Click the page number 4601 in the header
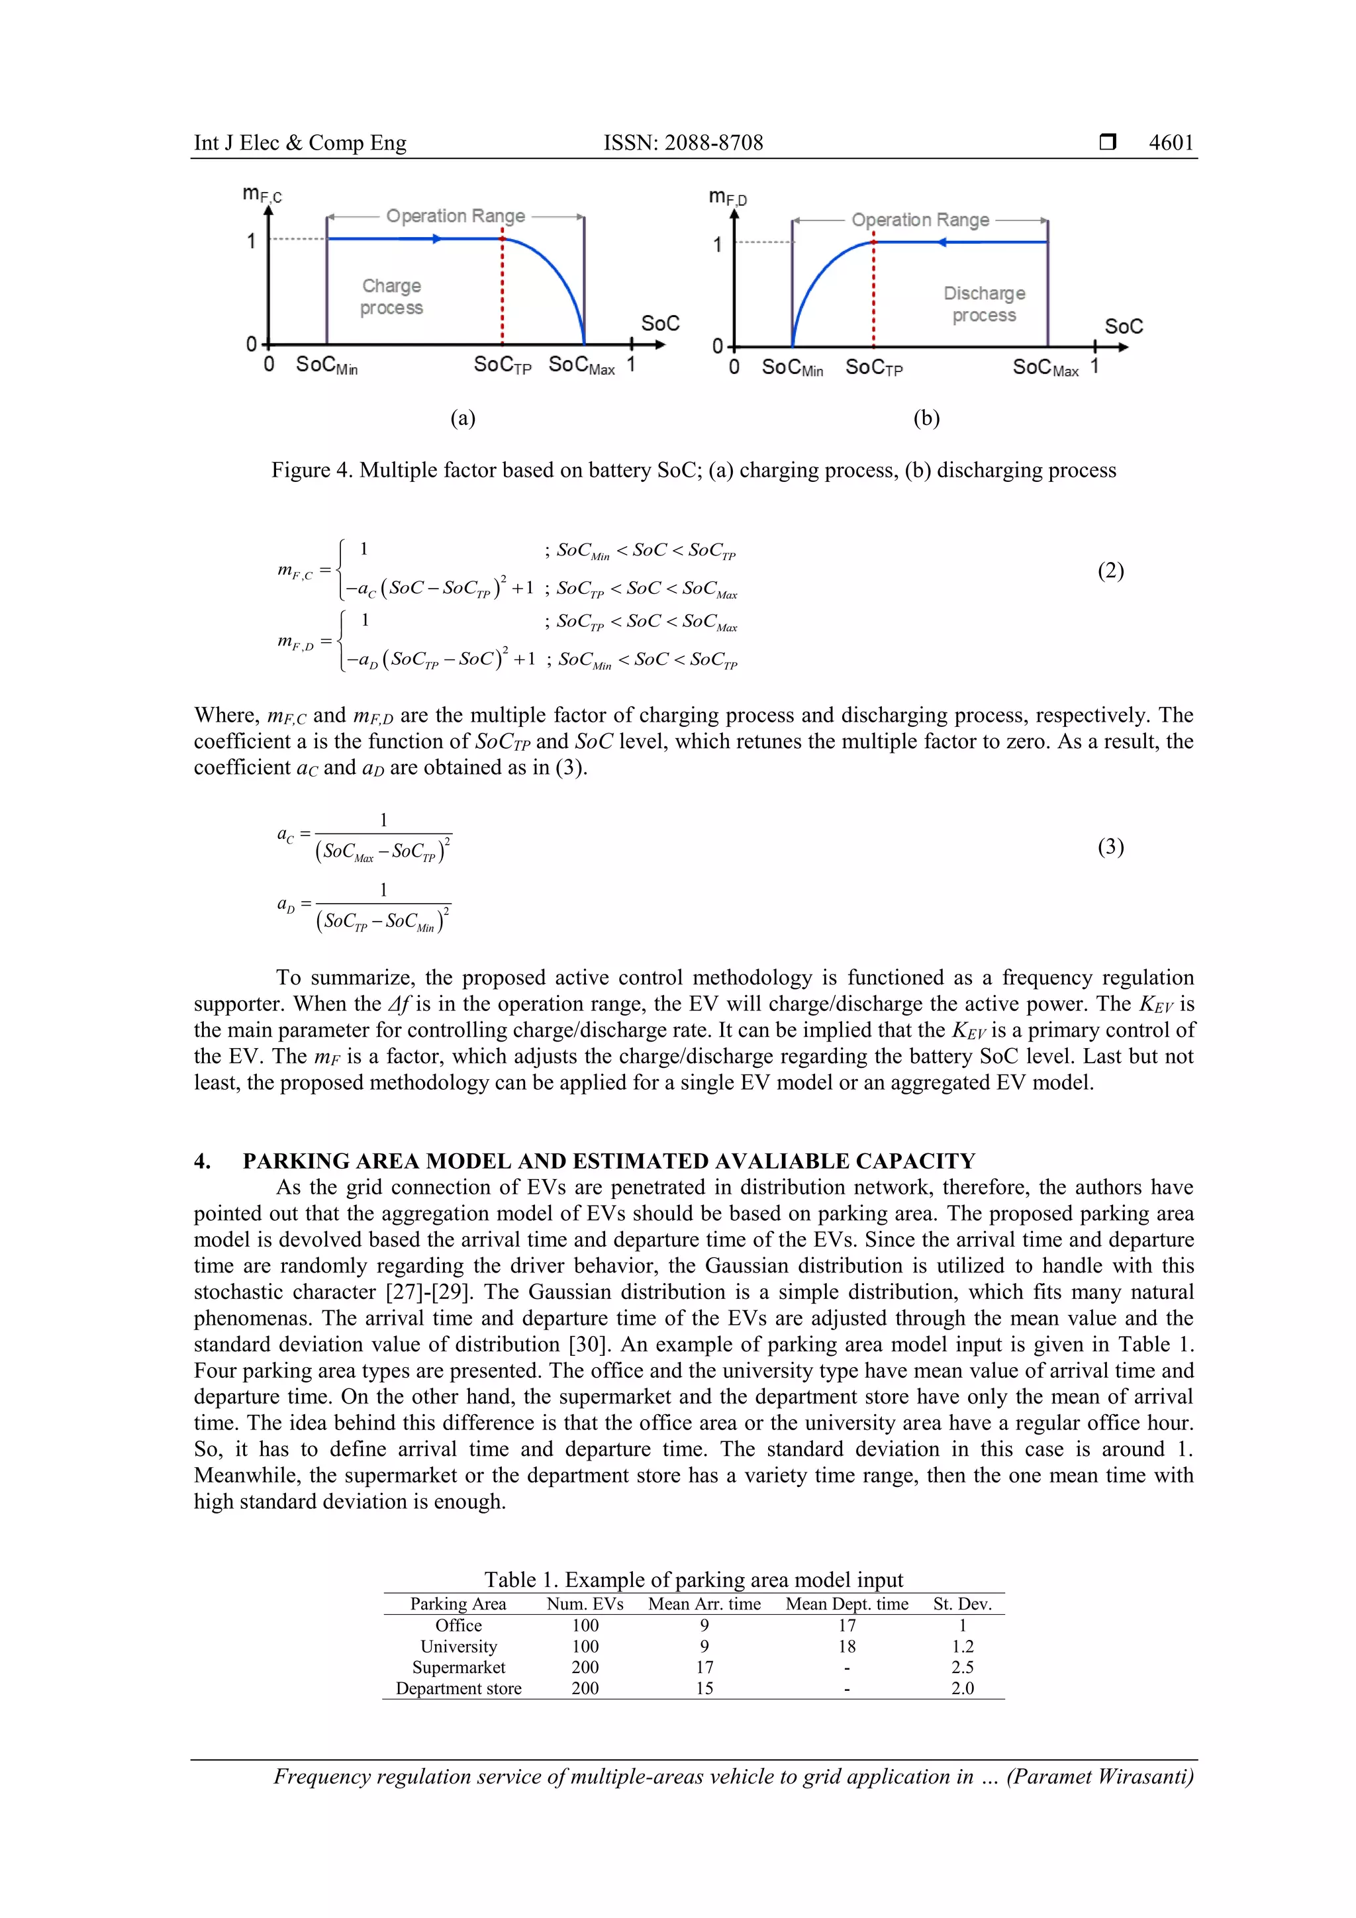(1171, 143)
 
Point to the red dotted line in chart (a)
(502, 293)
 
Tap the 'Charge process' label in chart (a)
(391, 297)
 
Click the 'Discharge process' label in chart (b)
(984, 304)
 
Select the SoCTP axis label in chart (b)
(873, 367)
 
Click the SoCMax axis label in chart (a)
(581, 365)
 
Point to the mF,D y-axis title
(728, 197)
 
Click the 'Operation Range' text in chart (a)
(456, 216)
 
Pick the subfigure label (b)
(926, 418)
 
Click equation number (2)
(1110, 571)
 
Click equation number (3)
(1110, 847)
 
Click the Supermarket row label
(459, 1666)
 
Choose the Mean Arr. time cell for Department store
(704, 1688)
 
